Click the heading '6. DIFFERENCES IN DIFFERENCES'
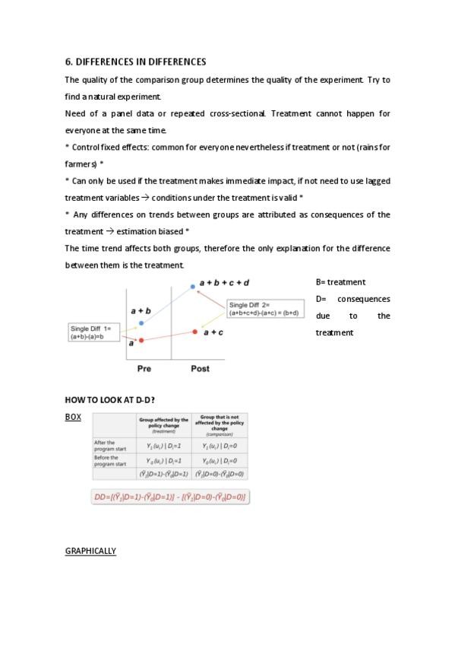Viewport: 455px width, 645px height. click(x=135, y=62)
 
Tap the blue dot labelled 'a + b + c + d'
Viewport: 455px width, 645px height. click(x=193, y=287)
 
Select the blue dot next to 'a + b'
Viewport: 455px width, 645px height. click(x=141, y=323)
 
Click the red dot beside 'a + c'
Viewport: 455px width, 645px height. click(x=196, y=332)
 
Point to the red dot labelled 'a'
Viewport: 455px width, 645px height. click(x=141, y=340)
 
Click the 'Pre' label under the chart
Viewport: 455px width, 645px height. click(x=144, y=369)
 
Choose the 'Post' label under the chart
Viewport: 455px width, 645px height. click(x=200, y=369)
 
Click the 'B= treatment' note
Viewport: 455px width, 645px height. click(x=340, y=282)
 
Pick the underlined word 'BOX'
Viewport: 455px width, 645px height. click(x=73, y=417)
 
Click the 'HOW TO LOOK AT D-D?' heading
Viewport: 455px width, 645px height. click(x=110, y=400)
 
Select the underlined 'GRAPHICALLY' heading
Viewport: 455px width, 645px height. click(x=90, y=551)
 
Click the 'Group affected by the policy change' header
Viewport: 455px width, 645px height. click(x=163, y=424)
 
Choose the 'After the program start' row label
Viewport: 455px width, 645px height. click(x=105, y=445)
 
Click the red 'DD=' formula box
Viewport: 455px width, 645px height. click(x=171, y=497)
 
